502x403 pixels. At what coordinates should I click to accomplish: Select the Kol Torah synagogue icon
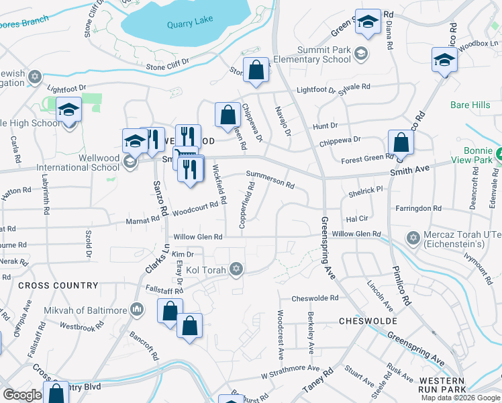click(x=235, y=270)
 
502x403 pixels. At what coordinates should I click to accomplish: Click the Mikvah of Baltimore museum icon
click(x=137, y=310)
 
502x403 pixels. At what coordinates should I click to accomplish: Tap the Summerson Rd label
click(x=270, y=179)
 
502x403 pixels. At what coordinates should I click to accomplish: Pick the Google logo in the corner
click(x=23, y=395)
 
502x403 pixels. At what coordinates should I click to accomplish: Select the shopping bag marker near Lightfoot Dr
click(x=256, y=70)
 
